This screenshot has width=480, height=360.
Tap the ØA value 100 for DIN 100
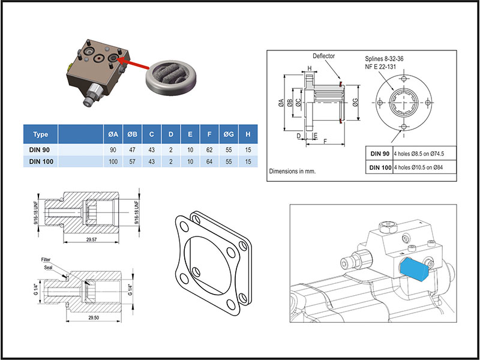[x=113, y=162]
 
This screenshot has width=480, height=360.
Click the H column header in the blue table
[x=248, y=134]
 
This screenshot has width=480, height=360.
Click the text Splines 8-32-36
[x=388, y=60]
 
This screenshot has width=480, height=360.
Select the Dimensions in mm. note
[x=293, y=171]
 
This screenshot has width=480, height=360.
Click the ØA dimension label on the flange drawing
[x=281, y=104]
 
